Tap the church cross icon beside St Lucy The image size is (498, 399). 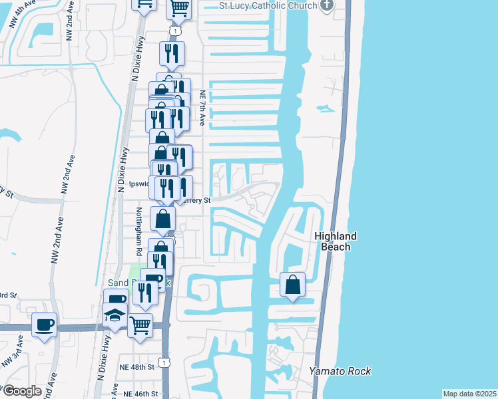tap(326, 6)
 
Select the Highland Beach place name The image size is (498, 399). tap(336, 241)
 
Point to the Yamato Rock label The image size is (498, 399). tap(340, 371)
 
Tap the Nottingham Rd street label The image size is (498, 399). tap(139, 231)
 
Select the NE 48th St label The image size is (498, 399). tap(136, 366)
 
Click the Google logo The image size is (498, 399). tap(21, 391)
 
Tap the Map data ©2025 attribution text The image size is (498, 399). tap(469, 394)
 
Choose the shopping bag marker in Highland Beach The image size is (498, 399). tap(292, 285)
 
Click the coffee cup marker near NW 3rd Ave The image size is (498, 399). tap(44, 325)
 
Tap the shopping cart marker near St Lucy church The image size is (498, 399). tap(178, 8)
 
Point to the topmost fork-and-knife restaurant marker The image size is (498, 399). tap(172, 53)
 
